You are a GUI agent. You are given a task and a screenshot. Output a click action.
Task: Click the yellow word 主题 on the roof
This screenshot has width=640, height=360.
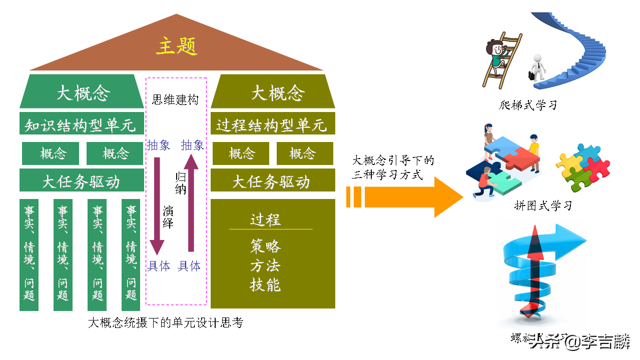[x=177, y=46]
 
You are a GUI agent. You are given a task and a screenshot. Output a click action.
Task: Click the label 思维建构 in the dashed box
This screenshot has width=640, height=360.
[x=175, y=99]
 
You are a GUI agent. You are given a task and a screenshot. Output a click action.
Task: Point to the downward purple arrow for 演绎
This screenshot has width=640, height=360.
[x=157, y=205]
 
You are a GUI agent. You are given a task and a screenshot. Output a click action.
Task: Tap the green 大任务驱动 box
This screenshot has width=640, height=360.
[x=80, y=180]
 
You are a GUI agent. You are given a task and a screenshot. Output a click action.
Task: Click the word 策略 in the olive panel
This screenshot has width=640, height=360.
[x=265, y=246]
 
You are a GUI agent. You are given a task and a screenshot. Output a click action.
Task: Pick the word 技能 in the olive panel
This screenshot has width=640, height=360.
[x=265, y=284]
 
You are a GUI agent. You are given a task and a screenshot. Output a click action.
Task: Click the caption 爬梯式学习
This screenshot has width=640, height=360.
[x=528, y=105]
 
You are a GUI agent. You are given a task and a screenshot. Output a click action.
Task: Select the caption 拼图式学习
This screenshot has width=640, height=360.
[x=543, y=205]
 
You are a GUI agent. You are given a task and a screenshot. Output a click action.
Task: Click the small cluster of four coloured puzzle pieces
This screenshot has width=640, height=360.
[x=583, y=167]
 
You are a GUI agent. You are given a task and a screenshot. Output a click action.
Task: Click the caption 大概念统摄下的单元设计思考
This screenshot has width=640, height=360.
[x=166, y=323]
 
